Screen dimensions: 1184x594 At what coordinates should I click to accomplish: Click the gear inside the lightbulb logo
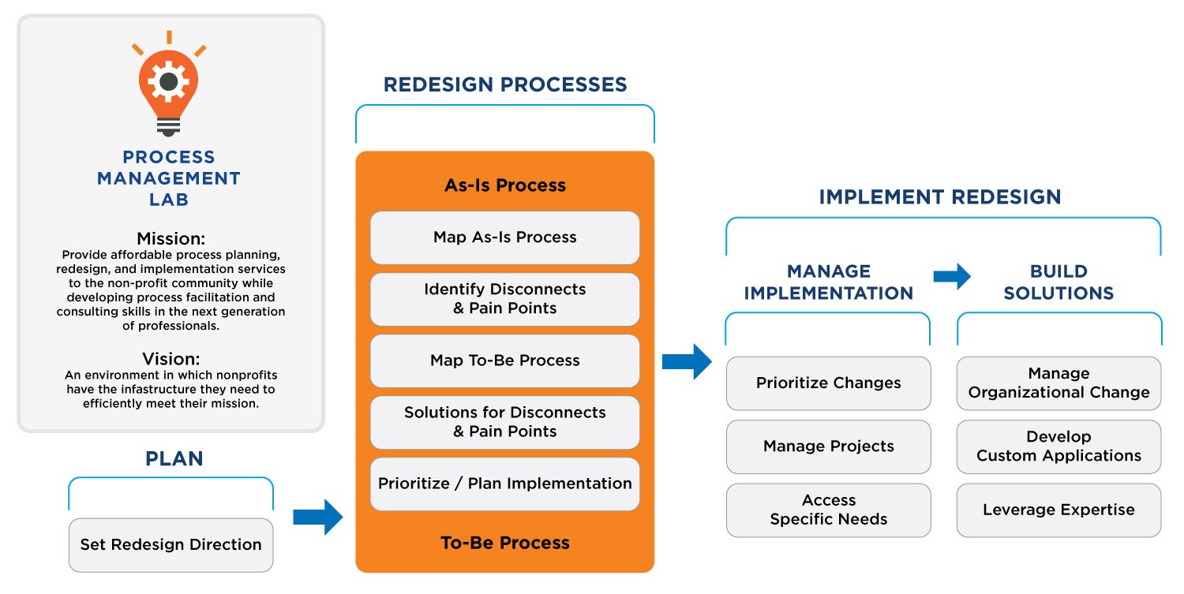[169, 81]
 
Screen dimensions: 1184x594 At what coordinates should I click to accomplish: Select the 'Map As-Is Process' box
[505, 237]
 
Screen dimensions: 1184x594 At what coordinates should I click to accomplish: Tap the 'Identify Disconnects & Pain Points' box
[505, 299]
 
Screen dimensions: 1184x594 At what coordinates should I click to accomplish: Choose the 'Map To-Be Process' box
[505, 361]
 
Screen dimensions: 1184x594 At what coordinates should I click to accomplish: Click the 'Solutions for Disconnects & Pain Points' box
[505, 422]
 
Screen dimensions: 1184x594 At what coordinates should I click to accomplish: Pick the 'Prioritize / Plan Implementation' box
[505, 484]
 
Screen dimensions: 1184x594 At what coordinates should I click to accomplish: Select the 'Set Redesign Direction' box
[170, 545]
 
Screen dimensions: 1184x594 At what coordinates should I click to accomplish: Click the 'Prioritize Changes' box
[828, 383]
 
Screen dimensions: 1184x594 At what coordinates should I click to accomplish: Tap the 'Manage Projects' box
[828, 446]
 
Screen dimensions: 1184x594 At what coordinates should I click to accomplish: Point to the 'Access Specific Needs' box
[828, 510]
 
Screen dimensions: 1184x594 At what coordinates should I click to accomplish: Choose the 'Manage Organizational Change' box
[1058, 383]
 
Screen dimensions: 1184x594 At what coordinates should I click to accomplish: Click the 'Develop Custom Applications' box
[1058, 446]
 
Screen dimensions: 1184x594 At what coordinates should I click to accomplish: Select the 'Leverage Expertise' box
[1058, 510]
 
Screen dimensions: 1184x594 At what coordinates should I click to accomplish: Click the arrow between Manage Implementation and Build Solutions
[952, 276]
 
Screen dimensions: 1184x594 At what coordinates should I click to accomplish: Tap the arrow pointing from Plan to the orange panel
[317, 517]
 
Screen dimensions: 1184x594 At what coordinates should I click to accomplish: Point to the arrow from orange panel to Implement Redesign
[687, 361]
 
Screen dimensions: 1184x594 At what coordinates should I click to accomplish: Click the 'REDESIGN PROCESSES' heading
[505, 84]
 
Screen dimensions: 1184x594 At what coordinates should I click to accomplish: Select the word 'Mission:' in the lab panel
[170, 238]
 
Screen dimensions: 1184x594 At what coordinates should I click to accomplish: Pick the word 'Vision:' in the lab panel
[170, 359]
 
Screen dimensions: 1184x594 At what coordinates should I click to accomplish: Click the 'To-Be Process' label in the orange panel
[505, 543]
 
